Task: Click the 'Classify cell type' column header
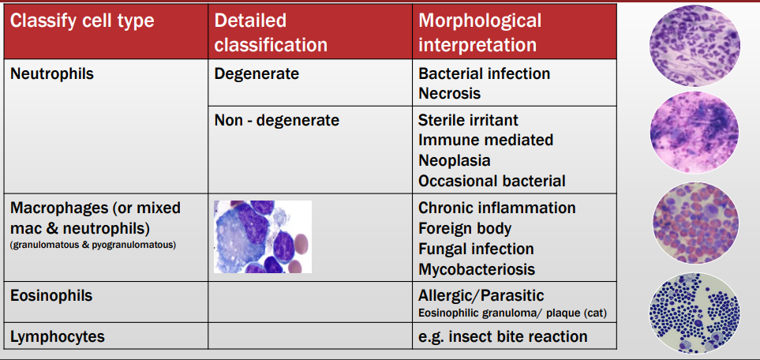point(82,21)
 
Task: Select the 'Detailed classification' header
point(270,32)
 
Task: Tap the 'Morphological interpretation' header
point(480,32)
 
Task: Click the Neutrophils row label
point(52,74)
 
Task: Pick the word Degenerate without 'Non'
point(256,74)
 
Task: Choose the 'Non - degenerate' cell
point(276,121)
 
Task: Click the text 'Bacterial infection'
point(484,73)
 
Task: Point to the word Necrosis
point(449,93)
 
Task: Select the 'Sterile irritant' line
point(468,121)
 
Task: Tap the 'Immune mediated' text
point(485,141)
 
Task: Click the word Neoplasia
point(454,160)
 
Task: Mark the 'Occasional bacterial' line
point(492,181)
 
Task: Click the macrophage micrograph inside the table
point(263,236)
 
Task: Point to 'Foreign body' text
point(465,229)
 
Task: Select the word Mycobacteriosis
point(477,269)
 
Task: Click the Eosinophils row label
point(51,296)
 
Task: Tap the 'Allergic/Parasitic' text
point(481,296)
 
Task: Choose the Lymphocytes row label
point(57,337)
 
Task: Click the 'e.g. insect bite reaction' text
point(503,337)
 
